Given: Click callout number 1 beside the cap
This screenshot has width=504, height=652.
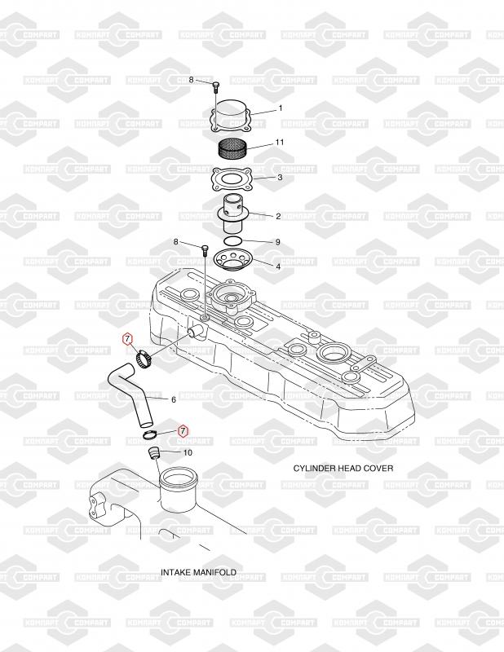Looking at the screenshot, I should coord(280,108).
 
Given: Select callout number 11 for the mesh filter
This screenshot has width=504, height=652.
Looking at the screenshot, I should coord(280,143).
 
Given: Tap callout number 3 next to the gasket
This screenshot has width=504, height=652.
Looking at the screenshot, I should coord(280,177).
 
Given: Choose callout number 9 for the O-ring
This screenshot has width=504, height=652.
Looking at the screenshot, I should coord(277,242).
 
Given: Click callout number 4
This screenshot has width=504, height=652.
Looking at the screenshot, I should coord(278,266).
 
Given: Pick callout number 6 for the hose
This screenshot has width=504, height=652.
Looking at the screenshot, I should coord(173,399).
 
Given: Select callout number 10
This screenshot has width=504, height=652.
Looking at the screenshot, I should coord(188,452).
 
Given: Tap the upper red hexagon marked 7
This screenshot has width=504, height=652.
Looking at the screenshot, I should coord(126,339).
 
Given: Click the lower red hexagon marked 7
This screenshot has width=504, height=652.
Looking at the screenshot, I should coord(183,430).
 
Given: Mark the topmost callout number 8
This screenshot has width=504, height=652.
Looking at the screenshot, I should coord(192,80).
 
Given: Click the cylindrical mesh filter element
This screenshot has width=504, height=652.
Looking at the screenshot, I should coord(232,149).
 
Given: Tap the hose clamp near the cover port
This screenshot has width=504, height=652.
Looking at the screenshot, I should coord(144,356).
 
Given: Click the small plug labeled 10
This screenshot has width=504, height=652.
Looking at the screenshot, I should coord(153,453).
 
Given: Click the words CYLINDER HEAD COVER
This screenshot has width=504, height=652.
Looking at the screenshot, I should coord(343,469).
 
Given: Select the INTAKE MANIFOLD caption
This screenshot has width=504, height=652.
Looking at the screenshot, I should coord(198,572).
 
